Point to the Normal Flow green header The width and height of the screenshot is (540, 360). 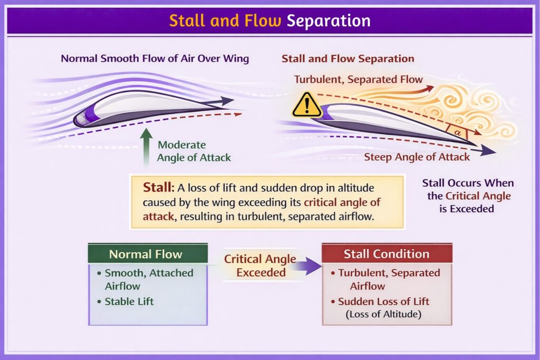pos(148,254)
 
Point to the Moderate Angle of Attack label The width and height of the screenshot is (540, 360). pos(194,151)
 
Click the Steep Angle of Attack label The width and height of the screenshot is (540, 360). pos(417,157)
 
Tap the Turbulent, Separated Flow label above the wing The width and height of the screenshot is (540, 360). pos(358,80)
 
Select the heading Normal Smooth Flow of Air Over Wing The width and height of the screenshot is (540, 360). pos(155,59)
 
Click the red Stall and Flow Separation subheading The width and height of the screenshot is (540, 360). pos(348,59)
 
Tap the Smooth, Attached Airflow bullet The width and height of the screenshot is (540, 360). pos(148,279)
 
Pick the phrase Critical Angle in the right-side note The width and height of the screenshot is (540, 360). pos(478,196)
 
